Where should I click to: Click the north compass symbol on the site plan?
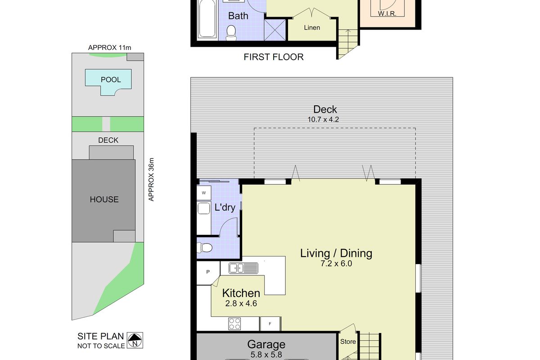click(135, 340)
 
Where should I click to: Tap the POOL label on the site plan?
click(111, 80)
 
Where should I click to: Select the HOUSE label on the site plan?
click(104, 199)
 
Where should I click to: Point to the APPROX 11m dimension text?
click(109, 48)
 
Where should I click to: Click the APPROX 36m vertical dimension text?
click(151, 180)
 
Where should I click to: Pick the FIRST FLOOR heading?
click(274, 57)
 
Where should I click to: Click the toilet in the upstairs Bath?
click(231, 33)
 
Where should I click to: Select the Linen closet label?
click(312, 28)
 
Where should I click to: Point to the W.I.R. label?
click(387, 13)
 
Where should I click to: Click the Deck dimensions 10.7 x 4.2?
click(323, 120)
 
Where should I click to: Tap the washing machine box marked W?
click(204, 193)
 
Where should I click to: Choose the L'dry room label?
click(225, 207)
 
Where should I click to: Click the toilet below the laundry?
click(204, 247)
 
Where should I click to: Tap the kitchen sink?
click(243, 268)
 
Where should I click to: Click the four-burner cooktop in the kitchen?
click(234, 324)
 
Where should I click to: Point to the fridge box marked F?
click(270, 324)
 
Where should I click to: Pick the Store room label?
click(348, 342)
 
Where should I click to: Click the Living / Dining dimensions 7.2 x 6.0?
click(336, 264)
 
